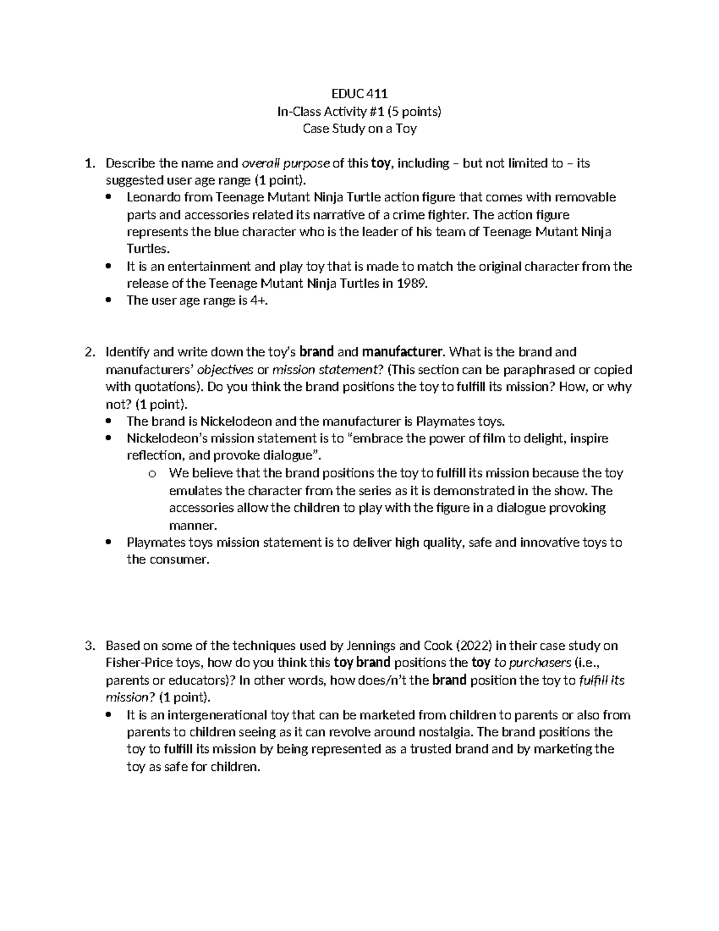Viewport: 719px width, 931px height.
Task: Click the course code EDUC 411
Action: click(359, 94)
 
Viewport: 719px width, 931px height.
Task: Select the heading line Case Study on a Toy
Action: click(359, 128)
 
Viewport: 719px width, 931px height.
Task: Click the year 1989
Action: click(411, 284)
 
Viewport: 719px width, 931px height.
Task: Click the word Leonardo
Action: click(152, 197)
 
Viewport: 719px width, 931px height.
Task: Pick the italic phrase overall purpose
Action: click(285, 163)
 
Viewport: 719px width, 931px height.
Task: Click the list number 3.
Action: click(89, 646)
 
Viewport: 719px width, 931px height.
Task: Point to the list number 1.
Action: click(89, 163)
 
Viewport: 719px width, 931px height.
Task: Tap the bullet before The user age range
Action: click(108, 301)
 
